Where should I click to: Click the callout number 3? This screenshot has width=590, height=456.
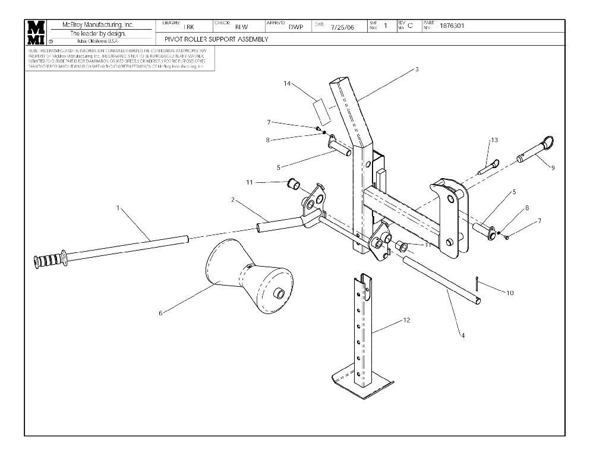coord(417,69)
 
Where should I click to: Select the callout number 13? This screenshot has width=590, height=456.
coord(494,140)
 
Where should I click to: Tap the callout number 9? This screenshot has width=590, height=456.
coord(553,168)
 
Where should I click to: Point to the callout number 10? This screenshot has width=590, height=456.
coord(510,293)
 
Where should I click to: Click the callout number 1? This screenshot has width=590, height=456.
coord(118,208)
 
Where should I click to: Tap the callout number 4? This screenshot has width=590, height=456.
coord(463,335)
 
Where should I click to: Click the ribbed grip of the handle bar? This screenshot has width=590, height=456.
coord(50,261)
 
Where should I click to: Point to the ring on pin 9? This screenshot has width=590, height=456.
coord(550,142)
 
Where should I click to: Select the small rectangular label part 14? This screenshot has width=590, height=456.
coord(321,110)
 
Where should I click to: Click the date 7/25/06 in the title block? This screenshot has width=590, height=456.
coord(342,27)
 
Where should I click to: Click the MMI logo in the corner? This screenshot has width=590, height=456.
coord(35,32)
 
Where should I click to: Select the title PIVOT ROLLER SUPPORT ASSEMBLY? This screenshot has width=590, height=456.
coord(213,39)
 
